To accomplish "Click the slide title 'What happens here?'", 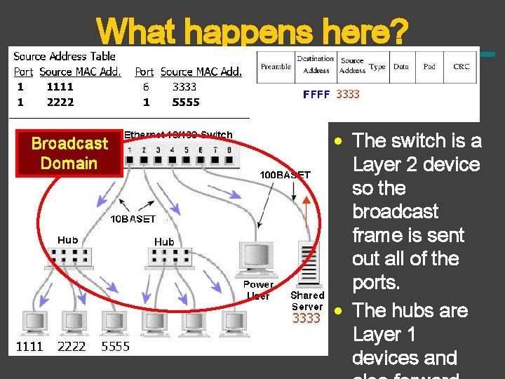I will pyautogui.click(x=252, y=31).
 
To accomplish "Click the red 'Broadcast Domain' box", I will pyautogui.click(x=69, y=153).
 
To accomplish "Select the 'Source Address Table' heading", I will pyautogui.click(x=65, y=56).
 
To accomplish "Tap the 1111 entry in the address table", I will pyautogui.click(x=60, y=87).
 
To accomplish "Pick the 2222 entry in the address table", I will pyautogui.click(x=60, y=102).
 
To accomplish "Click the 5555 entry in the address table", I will pyautogui.click(x=186, y=102).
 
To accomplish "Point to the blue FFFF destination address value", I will pyautogui.click(x=316, y=94).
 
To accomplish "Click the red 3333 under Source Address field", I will pyautogui.click(x=348, y=94).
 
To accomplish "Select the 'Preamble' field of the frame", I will pyautogui.click(x=276, y=67).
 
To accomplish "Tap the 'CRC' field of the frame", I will pyautogui.click(x=461, y=67).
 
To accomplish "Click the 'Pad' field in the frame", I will pyautogui.click(x=429, y=67).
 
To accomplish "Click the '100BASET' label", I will pyautogui.click(x=285, y=175).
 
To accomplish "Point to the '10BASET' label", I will pyautogui.click(x=133, y=219).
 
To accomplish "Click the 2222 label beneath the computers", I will pyautogui.click(x=72, y=346).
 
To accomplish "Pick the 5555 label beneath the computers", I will pyautogui.click(x=116, y=346).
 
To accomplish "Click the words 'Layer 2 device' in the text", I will pyautogui.click(x=416, y=164).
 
